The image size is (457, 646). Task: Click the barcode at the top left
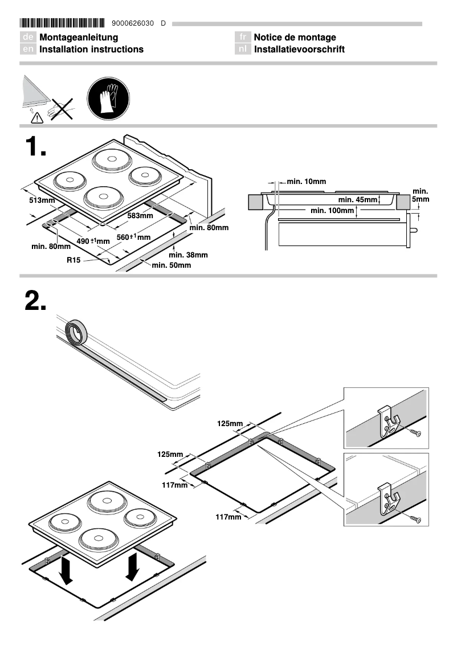tap(63, 23)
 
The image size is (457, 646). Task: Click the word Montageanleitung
tap(79, 38)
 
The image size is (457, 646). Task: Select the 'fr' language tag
tap(243, 38)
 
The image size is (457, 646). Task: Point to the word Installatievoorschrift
tap(299, 50)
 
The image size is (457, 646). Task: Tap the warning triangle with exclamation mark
tap(37, 117)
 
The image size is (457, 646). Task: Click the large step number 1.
tap(35, 148)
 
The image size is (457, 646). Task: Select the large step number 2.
tap(35, 300)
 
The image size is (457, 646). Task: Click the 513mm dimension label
tap(42, 201)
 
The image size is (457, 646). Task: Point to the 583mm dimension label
tap(140, 216)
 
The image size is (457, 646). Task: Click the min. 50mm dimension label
tap(171, 265)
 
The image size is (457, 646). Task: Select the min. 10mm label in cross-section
tap(306, 182)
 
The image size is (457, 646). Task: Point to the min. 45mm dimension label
tap(358, 200)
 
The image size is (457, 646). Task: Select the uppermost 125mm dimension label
tap(230, 423)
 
